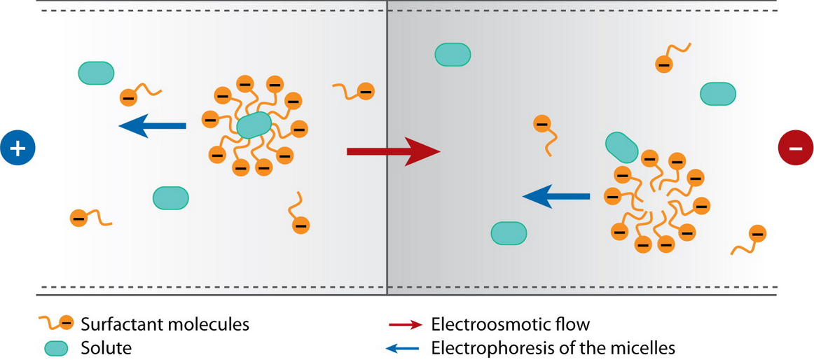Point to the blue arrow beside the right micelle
pos(556,197)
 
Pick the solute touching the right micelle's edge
pos(621,146)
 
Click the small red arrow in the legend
pos(405,325)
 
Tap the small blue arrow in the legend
pos(405,347)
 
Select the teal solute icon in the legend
pos(57,347)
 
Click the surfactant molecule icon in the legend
pos(57,324)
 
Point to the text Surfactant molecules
pos(165,325)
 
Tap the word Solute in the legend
pos(106,347)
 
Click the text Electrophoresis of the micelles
pos(553,347)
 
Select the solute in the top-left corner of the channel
pos(96,73)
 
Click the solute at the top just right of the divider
pos(453,55)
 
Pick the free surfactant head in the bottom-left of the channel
pos(78,218)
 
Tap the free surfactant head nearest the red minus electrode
pos(757,234)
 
